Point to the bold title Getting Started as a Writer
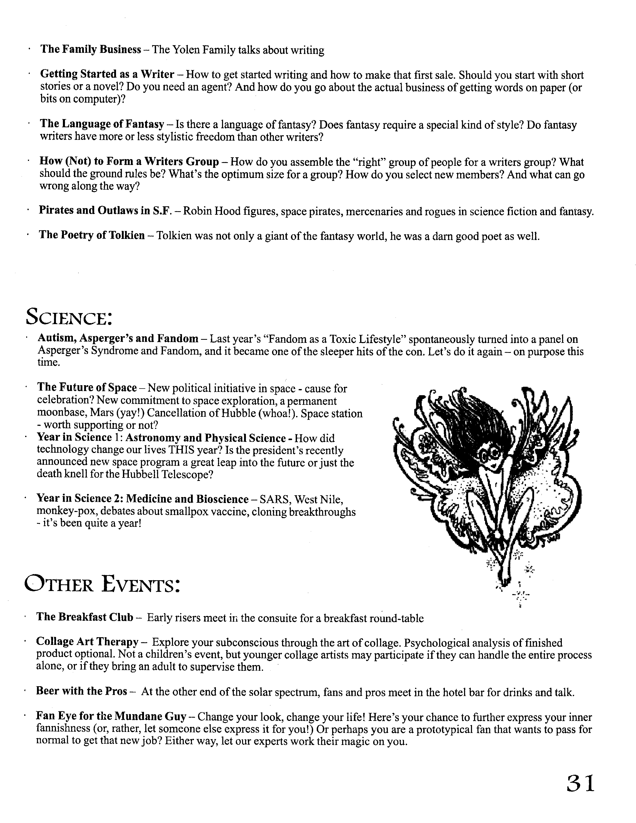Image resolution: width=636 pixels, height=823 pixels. pyautogui.click(x=107, y=74)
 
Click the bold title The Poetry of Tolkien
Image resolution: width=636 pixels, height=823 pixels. pyautogui.click(x=92, y=236)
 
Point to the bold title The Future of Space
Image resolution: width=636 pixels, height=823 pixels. pyautogui.click(x=87, y=388)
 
